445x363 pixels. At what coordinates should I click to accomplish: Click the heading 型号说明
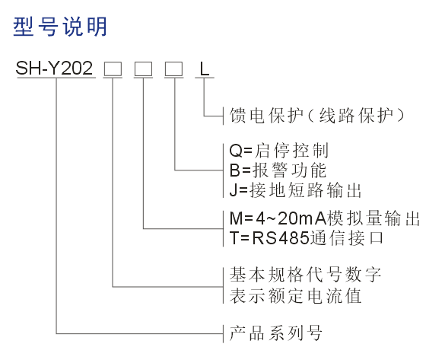click(x=60, y=27)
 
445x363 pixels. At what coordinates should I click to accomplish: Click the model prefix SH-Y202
click(x=54, y=68)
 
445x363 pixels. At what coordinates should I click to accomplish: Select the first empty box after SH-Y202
click(x=113, y=69)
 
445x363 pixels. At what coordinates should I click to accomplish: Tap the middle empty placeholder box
click(x=143, y=69)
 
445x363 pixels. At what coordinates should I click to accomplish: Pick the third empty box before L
click(x=173, y=69)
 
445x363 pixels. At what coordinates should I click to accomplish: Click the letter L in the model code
click(x=205, y=68)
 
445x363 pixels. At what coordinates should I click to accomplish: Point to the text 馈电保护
click(x=266, y=116)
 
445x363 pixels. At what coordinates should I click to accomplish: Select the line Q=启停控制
click(x=279, y=151)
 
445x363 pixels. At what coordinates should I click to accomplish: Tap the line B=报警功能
click(x=278, y=170)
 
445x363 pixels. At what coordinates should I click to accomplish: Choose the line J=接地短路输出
click(x=295, y=190)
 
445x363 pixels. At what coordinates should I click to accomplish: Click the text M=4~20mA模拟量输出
click(x=325, y=218)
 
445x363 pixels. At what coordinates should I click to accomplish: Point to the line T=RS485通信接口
click(x=307, y=238)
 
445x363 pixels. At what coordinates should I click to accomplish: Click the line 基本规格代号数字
click(x=305, y=275)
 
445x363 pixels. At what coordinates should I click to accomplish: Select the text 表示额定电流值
click(x=295, y=296)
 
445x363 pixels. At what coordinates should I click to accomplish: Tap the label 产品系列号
click(x=275, y=333)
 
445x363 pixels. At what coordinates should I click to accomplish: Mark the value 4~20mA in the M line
click(x=291, y=218)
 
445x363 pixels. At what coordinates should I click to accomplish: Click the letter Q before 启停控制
click(x=236, y=151)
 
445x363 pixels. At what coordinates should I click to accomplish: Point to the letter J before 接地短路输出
click(x=234, y=190)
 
